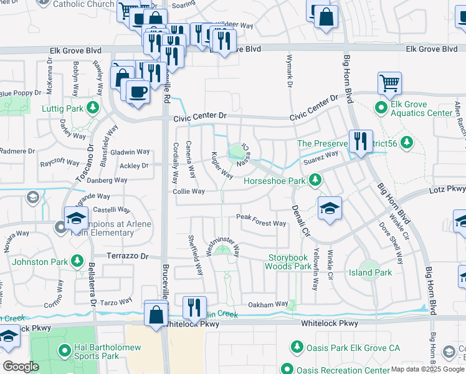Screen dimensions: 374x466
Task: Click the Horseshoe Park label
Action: (x=274, y=181)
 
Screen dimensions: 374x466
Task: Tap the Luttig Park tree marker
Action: (x=93, y=108)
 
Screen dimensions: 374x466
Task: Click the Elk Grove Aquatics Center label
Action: (x=421, y=113)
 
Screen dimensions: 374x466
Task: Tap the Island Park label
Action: (x=370, y=272)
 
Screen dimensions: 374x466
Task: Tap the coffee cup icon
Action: (x=138, y=92)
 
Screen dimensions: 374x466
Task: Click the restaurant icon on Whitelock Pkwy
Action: (x=194, y=307)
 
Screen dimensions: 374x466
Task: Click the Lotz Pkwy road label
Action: (x=447, y=188)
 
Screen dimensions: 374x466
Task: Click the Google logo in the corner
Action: (x=21, y=367)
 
